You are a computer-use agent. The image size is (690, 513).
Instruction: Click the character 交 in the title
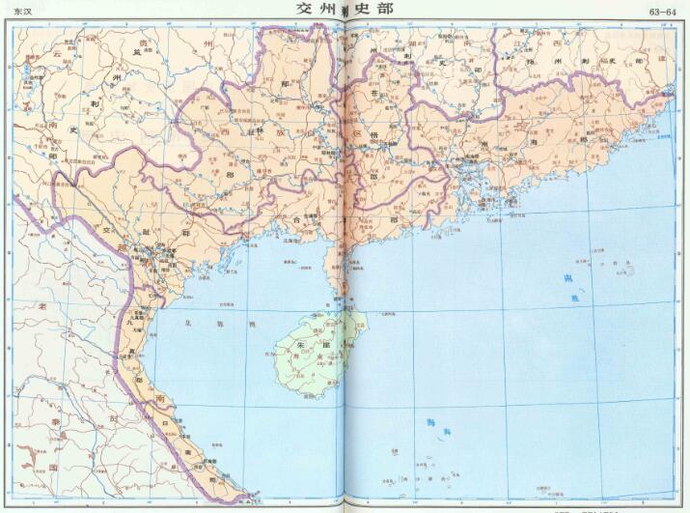(305, 9)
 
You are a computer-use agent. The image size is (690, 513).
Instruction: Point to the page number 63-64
(663, 13)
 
